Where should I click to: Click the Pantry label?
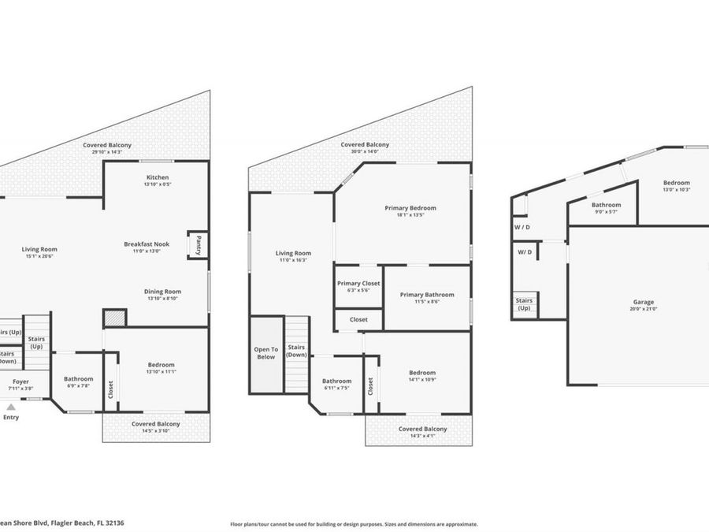click(x=199, y=244)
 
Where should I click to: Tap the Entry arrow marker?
click(x=10, y=407)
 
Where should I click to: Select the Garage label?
click(x=643, y=302)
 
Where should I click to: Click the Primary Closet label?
click(x=358, y=283)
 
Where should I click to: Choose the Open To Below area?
click(x=266, y=352)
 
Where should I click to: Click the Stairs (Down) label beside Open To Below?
click(x=296, y=351)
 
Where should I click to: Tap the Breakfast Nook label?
click(x=147, y=244)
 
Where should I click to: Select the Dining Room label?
click(x=162, y=292)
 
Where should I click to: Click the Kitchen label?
click(x=158, y=177)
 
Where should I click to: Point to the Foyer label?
click(x=20, y=381)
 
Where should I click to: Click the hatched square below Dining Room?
click(x=115, y=318)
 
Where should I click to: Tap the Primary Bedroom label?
click(x=410, y=208)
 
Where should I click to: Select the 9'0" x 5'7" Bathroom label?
click(x=606, y=205)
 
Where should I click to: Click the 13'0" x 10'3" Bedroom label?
click(x=676, y=183)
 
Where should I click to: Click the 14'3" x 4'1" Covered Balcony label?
click(x=422, y=429)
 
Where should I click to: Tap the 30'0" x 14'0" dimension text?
click(x=365, y=152)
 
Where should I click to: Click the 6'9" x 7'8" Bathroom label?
click(x=78, y=379)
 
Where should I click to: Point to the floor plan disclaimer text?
click(x=354, y=523)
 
